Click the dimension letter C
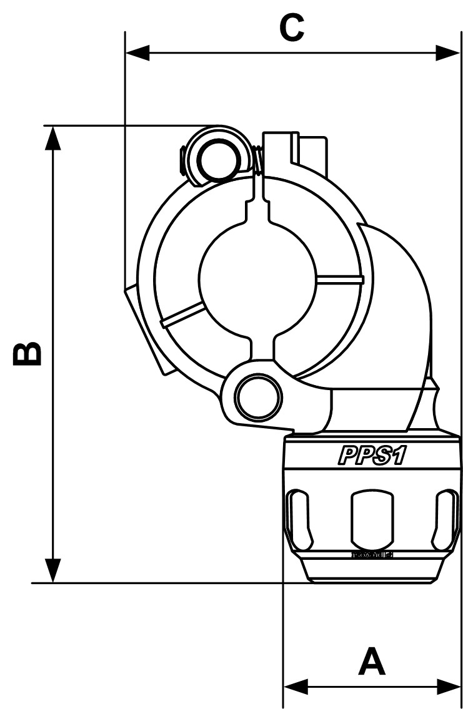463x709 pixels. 292,28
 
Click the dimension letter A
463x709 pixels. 372,662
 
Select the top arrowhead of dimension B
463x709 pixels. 54,137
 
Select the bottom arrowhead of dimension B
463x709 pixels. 54,570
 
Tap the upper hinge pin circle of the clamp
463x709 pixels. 217,159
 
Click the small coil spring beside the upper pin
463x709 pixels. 257,159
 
